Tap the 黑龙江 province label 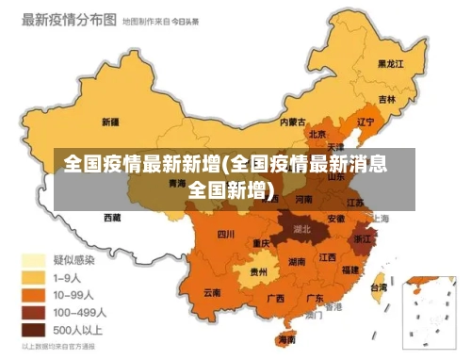coord(390,63)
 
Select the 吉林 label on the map coord(387,99)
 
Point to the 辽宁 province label coord(365,122)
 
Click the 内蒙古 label coord(293,122)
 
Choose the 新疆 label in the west coord(109,122)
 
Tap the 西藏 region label coord(112,218)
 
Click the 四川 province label coord(226,234)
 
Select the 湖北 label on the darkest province coord(303,228)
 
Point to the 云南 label coord(213,293)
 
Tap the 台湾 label coord(378,286)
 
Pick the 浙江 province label coord(363,240)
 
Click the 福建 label coord(350,270)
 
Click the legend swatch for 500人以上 coord(35,330)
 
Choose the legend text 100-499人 coord(79,313)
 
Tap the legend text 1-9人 coord(68,278)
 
